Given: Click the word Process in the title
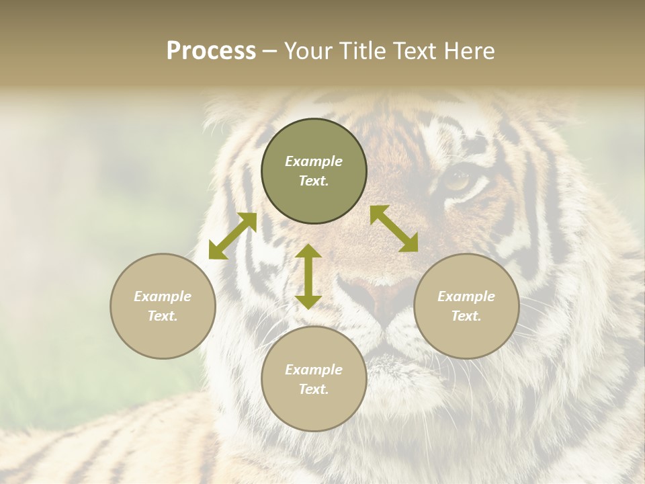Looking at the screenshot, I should coord(211,51).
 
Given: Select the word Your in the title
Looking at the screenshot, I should coord(309,51).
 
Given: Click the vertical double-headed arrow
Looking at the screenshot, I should coord(308,276).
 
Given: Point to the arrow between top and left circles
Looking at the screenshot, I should coord(233,235).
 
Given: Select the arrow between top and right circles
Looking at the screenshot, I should coord(394,229).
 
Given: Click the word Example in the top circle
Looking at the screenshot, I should coord(314,161).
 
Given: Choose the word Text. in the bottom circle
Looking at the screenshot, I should coord(314,389).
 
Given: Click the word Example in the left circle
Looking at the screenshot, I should coord(163,296).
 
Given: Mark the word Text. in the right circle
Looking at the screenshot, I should coord(466,316).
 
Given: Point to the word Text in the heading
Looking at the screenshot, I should coord(413,51).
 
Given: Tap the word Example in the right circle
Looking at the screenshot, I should coord(466,296).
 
